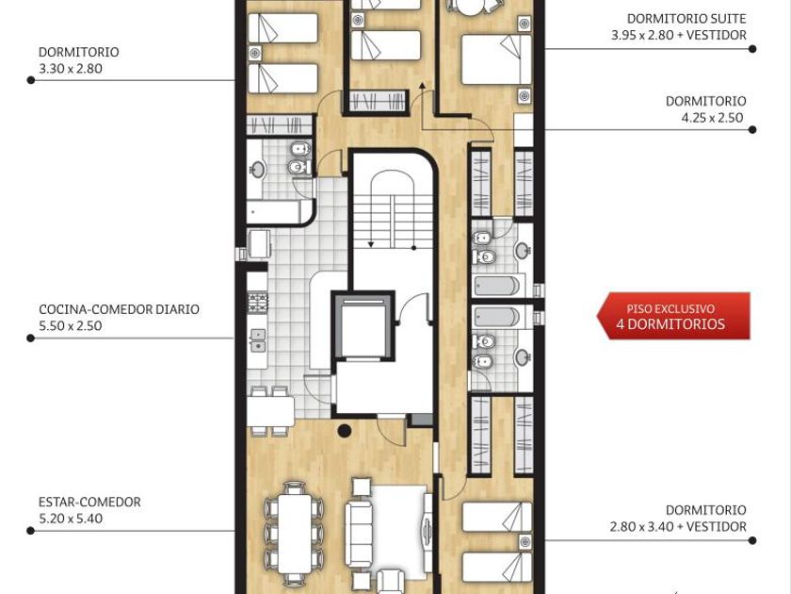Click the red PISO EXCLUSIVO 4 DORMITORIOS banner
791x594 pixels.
[x=673, y=316]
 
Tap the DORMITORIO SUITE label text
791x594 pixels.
[x=686, y=19]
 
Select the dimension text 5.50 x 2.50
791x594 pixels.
[x=71, y=326]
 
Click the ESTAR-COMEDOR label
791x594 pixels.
[x=89, y=502]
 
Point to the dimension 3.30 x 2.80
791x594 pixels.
[x=71, y=69]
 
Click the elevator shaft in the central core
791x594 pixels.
[x=363, y=326]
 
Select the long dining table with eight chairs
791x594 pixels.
[x=295, y=534]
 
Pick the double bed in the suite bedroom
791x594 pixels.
[x=496, y=59]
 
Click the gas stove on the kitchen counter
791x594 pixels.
[x=258, y=302]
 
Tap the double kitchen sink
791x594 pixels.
[x=258, y=340]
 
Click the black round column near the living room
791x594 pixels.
[x=345, y=430]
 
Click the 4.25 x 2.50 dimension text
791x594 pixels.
[x=712, y=118]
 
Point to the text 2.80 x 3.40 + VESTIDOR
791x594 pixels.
[x=678, y=527]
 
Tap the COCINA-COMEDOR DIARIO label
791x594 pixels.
[x=119, y=309]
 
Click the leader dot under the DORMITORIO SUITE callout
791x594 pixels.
[x=752, y=49]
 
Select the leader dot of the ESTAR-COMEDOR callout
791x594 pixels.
[x=31, y=531]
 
